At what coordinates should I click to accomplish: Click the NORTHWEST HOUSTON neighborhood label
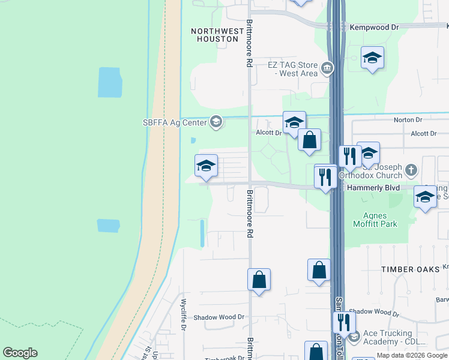[x=214, y=35]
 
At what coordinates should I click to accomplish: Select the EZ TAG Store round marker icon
[x=327, y=67]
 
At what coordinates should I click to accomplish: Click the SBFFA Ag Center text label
[x=175, y=122]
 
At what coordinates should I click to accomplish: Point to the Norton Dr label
[x=404, y=120]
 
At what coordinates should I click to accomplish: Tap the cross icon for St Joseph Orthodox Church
[x=411, y=170]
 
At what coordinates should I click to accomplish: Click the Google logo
[x=20, y=353]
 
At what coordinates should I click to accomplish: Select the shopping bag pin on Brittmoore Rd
[x=259, y=280]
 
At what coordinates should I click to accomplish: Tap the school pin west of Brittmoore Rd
[x=206, y=166]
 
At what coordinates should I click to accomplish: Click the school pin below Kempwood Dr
[x=372, y=58]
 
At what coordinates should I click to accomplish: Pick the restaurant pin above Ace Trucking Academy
[x=343, y=322]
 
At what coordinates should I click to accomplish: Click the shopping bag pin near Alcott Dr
[x=309, y=140]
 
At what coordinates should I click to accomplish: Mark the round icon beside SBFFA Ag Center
[x=216, y=122]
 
